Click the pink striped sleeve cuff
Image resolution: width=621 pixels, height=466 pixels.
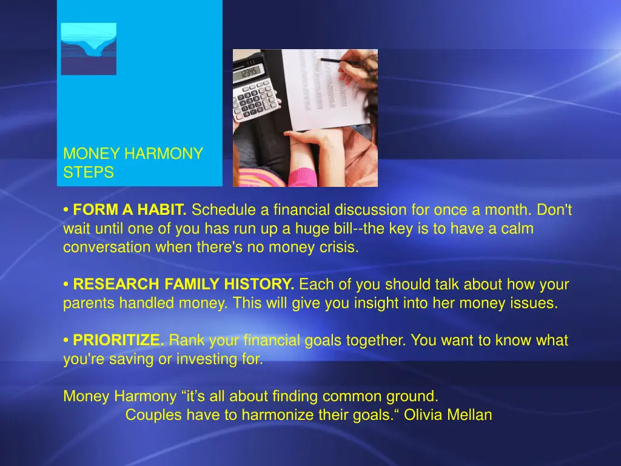coord(306,177)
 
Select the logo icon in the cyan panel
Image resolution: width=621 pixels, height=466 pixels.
coord(89,49)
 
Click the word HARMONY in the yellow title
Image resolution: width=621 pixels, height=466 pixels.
coord(163,154)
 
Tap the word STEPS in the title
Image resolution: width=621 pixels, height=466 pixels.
coord(89,173)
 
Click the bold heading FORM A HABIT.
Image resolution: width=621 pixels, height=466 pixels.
coord(129,211)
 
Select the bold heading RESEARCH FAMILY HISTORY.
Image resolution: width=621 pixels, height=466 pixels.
coord(184,285)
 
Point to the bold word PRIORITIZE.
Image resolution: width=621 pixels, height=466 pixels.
coord(118,341)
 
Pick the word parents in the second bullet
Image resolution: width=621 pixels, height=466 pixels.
coord(87,303)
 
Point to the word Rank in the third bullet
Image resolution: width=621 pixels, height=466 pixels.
coord(186,341)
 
